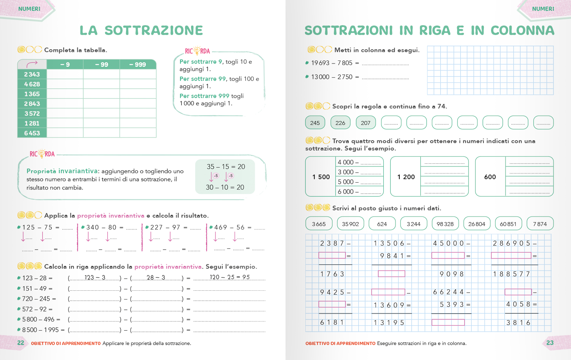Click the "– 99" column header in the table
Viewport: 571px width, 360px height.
(x=102, y=65)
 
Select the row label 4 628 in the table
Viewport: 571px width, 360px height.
(x=32, y=84)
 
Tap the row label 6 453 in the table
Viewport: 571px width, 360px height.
(x=32, y=133)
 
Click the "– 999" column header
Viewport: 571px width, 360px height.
(x=138, y=65)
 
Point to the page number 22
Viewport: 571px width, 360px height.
(x=21, y=343)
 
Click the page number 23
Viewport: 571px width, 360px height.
(x=550, y=343)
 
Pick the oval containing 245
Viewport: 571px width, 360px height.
(x=315, y=123)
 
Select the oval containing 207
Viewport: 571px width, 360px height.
(x=365, y=123)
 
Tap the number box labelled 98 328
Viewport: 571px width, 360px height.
(x=445, y=224)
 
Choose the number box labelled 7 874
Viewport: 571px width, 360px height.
(x=540, y=224)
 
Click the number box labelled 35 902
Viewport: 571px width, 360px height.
(x=350, y=224)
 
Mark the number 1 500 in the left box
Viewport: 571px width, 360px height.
(x=321, y=177)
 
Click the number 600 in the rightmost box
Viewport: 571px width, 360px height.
(x=490, y=177)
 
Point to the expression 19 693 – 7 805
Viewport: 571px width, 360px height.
(x=332, y=63)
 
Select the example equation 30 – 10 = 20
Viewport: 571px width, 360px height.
(x=225, y=187)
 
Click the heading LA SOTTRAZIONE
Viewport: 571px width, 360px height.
(x=141, y=30)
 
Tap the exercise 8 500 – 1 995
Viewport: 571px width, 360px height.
(x=40, y=330)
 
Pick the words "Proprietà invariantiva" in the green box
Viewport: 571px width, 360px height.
(x=62, y=171)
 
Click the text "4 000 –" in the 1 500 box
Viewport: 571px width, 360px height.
(x=348, y=162)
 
